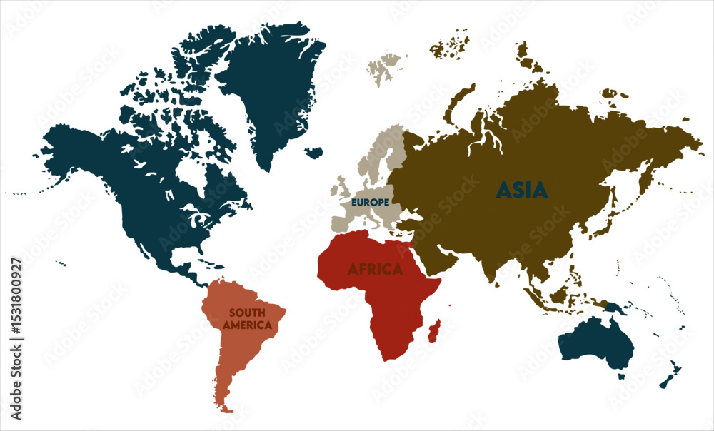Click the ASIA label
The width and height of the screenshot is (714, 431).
tap(522, 190)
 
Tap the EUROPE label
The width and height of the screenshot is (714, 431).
tap(370, 203)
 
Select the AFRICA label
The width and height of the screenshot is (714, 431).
tap(375, 270)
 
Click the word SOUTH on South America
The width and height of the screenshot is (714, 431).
tap(247, 313)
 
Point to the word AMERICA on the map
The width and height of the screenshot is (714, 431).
tap(247, 325)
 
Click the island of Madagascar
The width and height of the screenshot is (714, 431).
tap(434, 330)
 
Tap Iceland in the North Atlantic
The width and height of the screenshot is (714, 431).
tap(313, 152)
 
